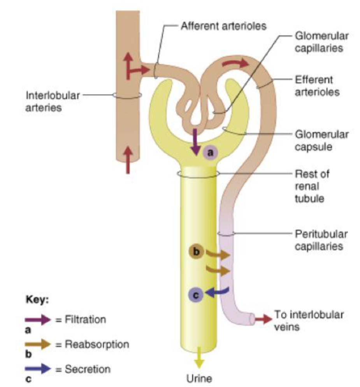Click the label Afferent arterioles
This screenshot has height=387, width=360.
point(223,26)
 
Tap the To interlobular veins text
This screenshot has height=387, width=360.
point(309,320)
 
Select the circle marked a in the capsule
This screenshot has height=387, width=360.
point(211,153)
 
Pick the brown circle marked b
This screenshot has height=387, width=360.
point(197,252)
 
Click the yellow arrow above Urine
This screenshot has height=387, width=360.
point(200,359)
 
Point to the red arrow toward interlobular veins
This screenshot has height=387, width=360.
point(264,319)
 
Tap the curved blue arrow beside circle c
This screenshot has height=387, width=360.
point(218,294)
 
